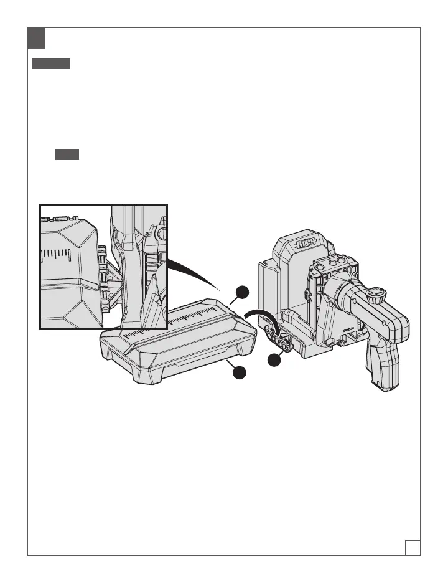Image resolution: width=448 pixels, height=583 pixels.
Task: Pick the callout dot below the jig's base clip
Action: click(274, 360)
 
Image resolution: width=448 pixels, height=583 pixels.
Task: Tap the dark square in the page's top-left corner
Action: click(36, 39)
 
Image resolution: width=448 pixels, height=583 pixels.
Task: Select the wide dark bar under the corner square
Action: click(52, 64)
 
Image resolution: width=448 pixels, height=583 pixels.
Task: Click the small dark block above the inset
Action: click(67, 155)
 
